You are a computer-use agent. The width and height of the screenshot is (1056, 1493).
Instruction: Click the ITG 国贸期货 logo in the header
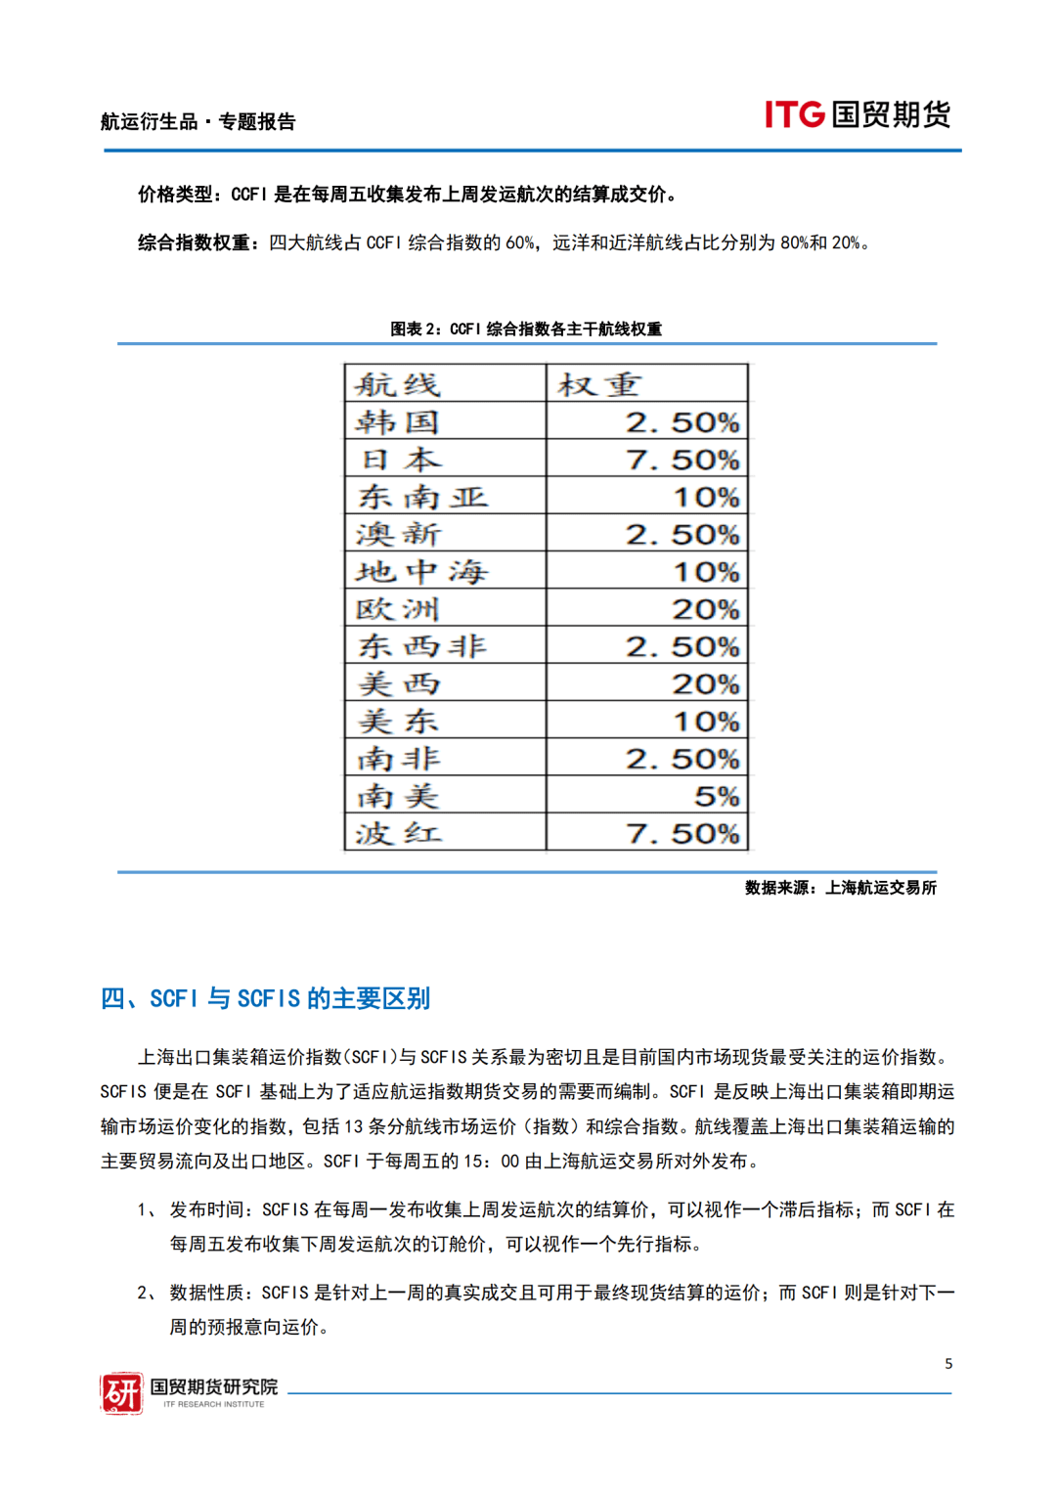pyautogui.click(x=857, y=114)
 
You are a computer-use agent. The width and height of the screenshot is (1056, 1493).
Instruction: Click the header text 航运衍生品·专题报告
pyautogui.click(x=198, y=122)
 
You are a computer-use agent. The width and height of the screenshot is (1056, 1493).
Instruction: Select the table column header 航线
pyautogui.click(x=398, y=384)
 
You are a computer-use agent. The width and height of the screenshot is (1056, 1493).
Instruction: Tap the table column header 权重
pyautogui.click(x=599, y=384)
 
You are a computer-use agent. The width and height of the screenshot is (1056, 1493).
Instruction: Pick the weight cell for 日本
pyautogui.click(x=682, y=460)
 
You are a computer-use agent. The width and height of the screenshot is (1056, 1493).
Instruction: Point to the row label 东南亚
pyautogui.click(x=422, y=497)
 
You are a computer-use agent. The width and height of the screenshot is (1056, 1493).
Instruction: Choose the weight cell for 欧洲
pyautogui.click(x=705, y=609)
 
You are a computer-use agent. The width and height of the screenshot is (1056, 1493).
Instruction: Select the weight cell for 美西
pyautogui.click(x=705, y=684)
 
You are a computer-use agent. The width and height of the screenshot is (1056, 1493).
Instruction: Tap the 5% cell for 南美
pyautogui.click(x=717, y=796)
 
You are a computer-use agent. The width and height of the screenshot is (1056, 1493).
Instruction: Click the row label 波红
pyautogui.click(x=398, y=834)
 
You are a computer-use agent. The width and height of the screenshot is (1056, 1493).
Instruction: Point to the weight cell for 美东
pyautogui.click(x=705, y=722)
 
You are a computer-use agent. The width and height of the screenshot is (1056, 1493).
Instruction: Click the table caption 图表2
pyautogui.click(x=526, y=329)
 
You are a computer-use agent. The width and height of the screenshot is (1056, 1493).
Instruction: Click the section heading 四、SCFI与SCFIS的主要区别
pyautogui.click(x=265, y=998)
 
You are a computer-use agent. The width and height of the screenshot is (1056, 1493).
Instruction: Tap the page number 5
pyautogui.click(x=948, y=1363)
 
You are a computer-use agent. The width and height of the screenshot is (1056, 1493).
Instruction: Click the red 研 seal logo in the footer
pyautogui.click(x=122, y=1393)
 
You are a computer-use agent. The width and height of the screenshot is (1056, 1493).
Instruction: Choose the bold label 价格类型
pyautogui.click(x=179, y=195)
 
